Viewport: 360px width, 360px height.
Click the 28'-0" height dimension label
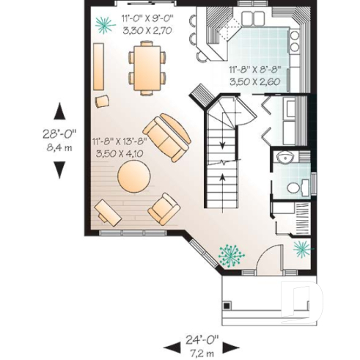click(x=59, y=133)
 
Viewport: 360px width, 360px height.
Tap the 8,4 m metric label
click(x=59, y=146)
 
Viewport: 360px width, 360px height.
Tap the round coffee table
click(x=134, y=177)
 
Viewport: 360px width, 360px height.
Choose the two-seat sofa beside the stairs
click(x=168, y=137)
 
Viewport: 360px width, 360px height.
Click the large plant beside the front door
click(x=232, y=256)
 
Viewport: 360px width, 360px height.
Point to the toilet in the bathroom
click(x=295, y=187)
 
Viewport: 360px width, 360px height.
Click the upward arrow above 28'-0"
click(x=59, y=111)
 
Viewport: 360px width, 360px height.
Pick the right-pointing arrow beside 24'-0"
click(x=235, y=345)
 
